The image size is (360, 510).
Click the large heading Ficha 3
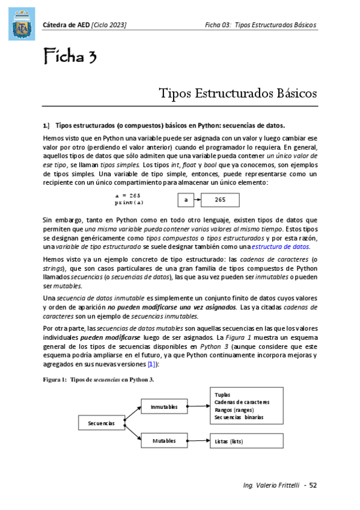click(x=70, y=58)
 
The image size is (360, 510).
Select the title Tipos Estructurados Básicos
click(x=237, y=93)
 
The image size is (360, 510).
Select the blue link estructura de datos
click(x=282, y=247)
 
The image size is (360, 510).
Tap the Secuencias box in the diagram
click(x=101, y=423)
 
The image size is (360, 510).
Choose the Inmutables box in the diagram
click(x=164, y=407)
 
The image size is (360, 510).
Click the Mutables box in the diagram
click(x=164, y=440)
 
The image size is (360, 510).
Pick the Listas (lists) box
click(x=248, y=441)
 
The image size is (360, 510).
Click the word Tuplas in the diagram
click(x=222, y=394)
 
